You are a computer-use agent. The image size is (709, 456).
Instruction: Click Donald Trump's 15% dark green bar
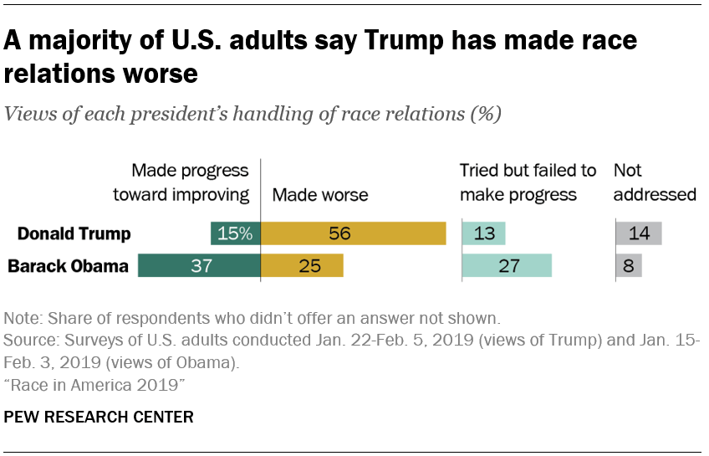pos(236,233)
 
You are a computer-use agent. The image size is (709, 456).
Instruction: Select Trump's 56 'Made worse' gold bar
pos(353,233)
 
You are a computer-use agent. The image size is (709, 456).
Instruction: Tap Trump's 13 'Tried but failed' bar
pos(483,233)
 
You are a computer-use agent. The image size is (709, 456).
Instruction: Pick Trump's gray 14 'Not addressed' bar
pos(639,233)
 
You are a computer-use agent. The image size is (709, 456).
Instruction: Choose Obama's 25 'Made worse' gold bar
pos(302,266)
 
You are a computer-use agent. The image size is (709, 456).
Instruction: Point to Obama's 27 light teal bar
pos(507,266)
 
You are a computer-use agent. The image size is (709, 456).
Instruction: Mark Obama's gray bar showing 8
pos(628,266)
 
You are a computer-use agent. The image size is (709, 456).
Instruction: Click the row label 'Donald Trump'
pos(74,233)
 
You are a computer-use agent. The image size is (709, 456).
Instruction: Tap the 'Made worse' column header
pos(320,195)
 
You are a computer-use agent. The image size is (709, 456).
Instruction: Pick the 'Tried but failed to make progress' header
pos(528,182)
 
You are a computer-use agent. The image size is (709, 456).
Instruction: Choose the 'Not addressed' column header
pos(655,182)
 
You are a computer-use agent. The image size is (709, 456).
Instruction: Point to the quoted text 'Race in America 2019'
pos(94,383)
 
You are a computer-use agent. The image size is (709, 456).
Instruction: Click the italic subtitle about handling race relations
pos(253,115)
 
